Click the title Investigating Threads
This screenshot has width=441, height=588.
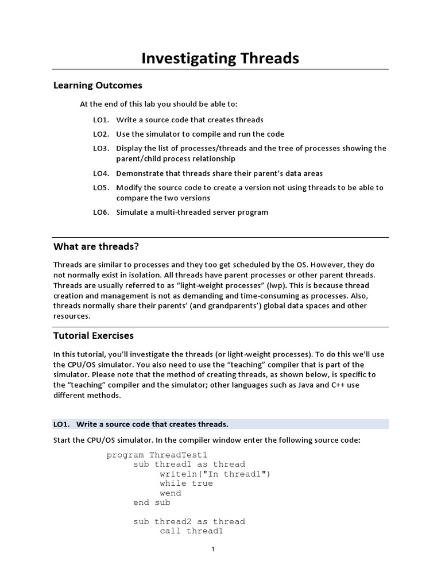pos(220,58)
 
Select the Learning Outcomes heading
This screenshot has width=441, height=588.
pos(98,86)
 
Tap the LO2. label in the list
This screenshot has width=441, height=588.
pos(101,134)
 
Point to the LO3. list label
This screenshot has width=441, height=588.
pos(101,148)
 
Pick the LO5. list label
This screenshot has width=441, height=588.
pos(101,188)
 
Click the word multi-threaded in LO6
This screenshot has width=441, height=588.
pos(181,212)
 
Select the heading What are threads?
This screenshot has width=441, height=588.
pos(96,247)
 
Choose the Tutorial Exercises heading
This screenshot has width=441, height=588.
pos(93,335)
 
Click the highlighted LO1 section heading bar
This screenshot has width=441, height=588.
pos(220,424)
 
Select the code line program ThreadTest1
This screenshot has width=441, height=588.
pos(153,455)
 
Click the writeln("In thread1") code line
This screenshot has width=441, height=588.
pos(215,474)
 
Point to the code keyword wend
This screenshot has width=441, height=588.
pos(171,493)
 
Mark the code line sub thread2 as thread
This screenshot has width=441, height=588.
pos(189,521)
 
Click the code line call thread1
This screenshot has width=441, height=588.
pos(191,531)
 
